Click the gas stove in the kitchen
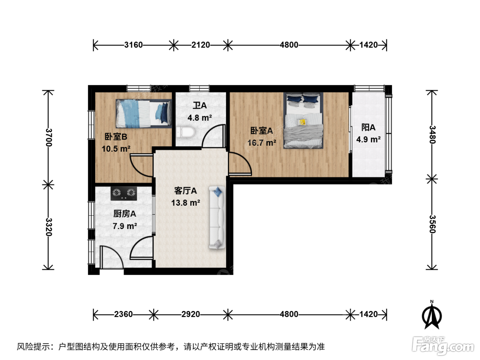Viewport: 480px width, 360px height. [x=124, y=193]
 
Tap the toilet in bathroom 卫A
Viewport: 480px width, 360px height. [x=186, y=132]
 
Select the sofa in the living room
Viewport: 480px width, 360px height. [x=217, y=217]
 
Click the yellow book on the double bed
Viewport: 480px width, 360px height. [x=303, y=122]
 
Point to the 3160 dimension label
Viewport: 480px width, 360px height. [x=133, y=45]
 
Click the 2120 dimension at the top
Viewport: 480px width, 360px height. [x=201, y=45]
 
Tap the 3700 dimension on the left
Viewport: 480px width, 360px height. [x=49, y=137]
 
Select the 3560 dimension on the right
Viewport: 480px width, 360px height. [x=432, y=224]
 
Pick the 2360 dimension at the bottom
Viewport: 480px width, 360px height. [x=123, y=314]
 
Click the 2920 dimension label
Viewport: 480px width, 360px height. [x=191, y=314]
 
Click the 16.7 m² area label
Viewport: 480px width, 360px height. [x=262, y=143]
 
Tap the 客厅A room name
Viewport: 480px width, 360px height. [x=185, y=191]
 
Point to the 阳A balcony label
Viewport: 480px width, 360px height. [x=368, y=128]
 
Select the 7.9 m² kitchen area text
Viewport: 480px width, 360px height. [x=125, y=226]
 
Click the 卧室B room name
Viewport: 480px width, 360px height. [x=116, y=137]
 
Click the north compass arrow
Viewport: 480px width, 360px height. [x=432, y=315]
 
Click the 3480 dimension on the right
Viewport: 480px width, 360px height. [x=432, y=135]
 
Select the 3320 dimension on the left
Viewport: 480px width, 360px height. [x=49, y=227]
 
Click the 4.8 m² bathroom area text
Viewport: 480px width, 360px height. [x=200, y=118]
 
